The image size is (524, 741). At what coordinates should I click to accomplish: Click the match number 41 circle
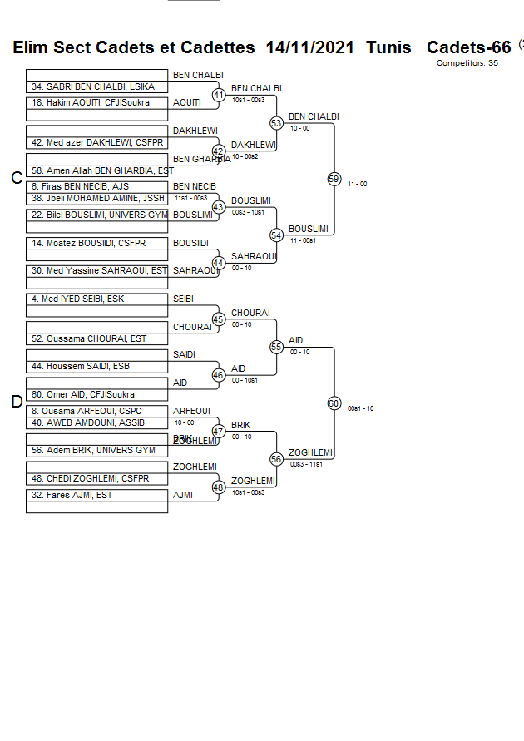tap(219, 96)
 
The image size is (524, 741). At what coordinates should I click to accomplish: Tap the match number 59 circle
tap(334, 179)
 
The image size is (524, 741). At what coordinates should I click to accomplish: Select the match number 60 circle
tap(334, 403)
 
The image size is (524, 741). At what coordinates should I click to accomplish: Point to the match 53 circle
tap(277, 123)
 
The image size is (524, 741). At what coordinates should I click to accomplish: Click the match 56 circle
tap(277, 458)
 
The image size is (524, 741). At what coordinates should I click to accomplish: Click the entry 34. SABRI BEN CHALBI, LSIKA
tap(93, 86)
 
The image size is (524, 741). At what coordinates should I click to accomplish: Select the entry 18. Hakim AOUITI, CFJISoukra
tap(91, 103)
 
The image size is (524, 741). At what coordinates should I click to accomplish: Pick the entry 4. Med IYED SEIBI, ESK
tap(78, 299)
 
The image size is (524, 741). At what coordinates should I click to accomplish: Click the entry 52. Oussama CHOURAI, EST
tap(90, 338)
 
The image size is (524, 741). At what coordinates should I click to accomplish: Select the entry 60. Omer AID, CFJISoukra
tap(83, 394)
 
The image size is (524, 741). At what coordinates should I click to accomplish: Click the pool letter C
tap(17, 178)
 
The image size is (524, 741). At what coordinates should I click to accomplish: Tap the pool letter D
tap(17, 403)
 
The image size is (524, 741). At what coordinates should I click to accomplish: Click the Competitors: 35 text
tap(467, 62)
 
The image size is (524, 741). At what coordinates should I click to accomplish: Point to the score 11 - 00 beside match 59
tap(358, 184)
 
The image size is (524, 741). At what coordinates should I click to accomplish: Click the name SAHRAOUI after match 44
tap(254, 256)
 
